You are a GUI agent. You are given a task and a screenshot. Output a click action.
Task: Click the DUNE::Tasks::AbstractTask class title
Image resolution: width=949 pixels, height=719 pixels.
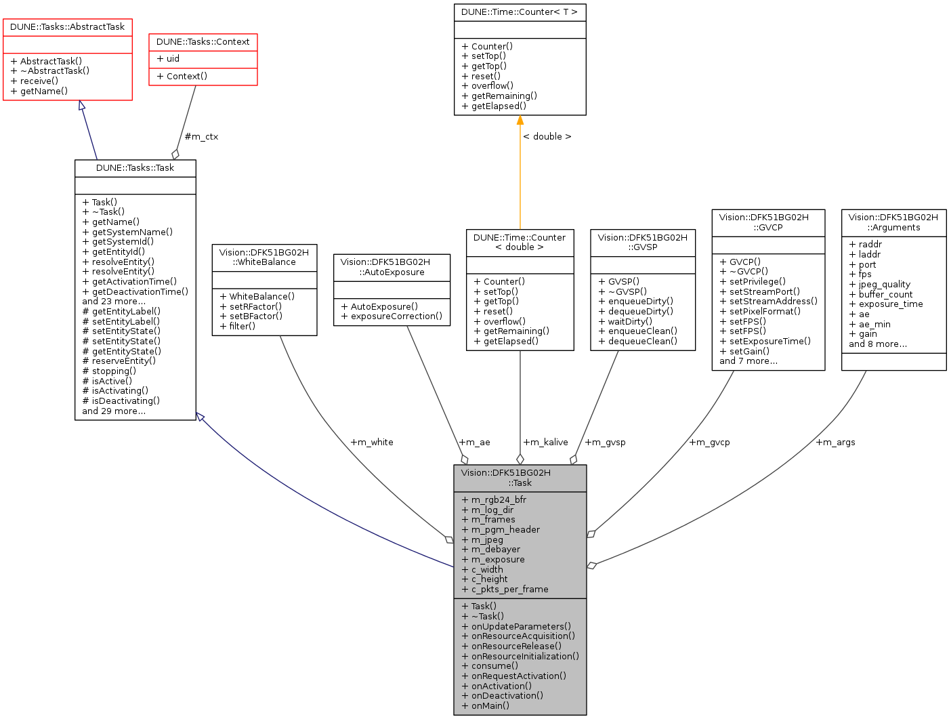pyautogui.click(x=67, y=27)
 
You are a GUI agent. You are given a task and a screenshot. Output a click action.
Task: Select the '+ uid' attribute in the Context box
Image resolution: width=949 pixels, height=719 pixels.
pyautogui.click(x=168, y=59)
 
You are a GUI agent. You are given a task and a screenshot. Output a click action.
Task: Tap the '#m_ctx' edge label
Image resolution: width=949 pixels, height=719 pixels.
pyautogui.click(x=201, y=137)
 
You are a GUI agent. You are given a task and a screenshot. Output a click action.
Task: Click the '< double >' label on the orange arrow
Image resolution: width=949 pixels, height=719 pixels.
pyautogui.click(x=547, y=137)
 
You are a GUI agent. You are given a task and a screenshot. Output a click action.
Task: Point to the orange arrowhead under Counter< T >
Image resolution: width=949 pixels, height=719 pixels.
pyautogui.click(x=520, y=121)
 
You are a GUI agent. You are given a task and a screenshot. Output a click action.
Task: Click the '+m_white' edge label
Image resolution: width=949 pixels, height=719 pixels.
pyautogui.click(x=371, y=443)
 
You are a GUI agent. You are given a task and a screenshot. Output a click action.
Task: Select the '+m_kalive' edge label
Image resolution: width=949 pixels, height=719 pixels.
pyautogui.click(x=545, y=443)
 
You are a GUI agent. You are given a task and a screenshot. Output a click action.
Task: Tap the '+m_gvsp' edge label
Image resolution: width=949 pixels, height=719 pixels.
pyautogui.click(x=605, y=443)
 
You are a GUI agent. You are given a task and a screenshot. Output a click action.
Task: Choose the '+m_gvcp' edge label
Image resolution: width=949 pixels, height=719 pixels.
pyautogui.click(x=709, y=443)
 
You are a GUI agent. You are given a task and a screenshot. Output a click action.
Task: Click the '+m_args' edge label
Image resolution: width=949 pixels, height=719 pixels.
pyautogui.click(x=835, y=443)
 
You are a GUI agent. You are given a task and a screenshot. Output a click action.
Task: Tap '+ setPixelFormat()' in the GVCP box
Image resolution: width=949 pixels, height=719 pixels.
pyautogui.click(x=760, y=312)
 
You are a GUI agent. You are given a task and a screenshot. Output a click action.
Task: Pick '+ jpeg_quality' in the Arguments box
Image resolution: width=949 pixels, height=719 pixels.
pyautogui.click(x=879, y=285)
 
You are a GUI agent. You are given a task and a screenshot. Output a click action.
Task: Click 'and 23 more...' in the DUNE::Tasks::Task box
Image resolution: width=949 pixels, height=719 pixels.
pyautogui.click(x=114, y=302)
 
